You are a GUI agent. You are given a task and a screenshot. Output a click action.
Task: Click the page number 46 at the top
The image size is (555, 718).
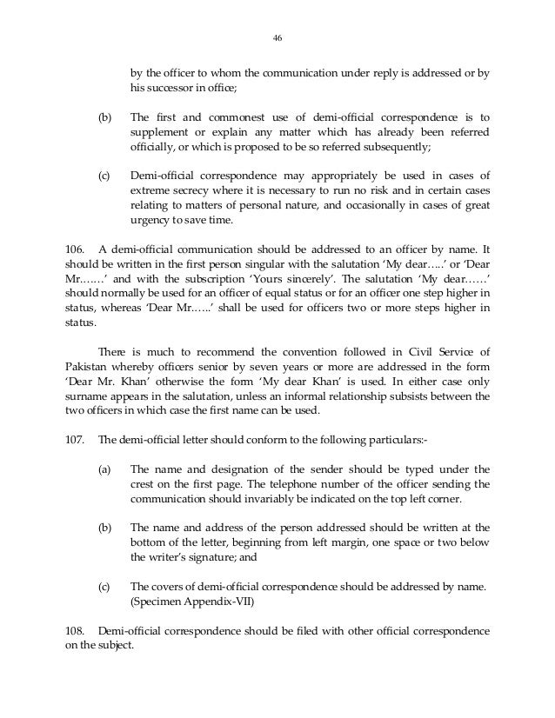277,37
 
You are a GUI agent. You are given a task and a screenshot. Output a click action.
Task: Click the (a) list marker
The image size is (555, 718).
104,469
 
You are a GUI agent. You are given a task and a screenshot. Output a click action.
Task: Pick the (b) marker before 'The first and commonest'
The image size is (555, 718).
104,116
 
